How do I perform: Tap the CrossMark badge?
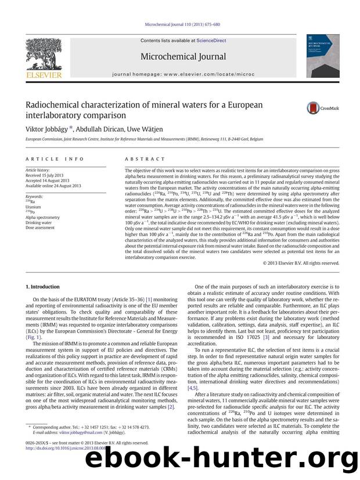coord(323,107)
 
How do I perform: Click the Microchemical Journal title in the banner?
coord(179,57)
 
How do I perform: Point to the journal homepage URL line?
coord(179,75)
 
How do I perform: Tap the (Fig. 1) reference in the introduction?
coord(35,337)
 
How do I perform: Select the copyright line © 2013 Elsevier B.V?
coord(301,263)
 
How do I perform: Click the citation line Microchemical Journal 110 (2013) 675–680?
coord(179,26)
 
